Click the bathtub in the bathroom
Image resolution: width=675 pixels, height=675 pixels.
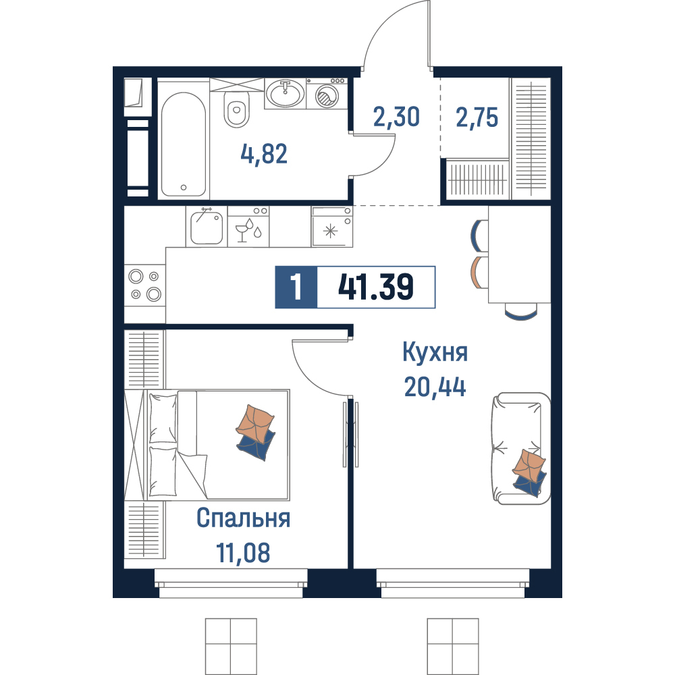tap(184, 144)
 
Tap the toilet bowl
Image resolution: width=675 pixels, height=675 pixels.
tap(236, 110)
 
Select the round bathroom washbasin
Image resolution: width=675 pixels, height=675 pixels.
tap(285, 92)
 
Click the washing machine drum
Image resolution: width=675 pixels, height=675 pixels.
tap(327, 96)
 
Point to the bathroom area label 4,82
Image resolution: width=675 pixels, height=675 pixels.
tap(264, 154)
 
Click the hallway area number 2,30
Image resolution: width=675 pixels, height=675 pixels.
tap(396, 117)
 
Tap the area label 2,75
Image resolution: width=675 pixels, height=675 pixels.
tap(477, 117)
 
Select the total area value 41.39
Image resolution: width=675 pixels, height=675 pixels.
tap(376, 287)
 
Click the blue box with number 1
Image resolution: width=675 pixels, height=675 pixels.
tap(296, 287)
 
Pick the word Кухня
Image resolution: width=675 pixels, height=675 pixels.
tap(435, 352)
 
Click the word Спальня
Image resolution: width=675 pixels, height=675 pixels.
tap(243, 518)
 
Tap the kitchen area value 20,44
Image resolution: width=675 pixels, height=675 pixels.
tap(435, 386)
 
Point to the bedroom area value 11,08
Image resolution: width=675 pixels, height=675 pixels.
tap(243, 553)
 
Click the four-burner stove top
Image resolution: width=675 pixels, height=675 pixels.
tap(145, 285)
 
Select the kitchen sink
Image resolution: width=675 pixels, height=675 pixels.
tap(207, 227)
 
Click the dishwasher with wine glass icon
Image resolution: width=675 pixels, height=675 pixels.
tap(248, 226)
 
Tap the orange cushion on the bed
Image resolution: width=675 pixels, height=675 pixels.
tap(255, 424)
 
